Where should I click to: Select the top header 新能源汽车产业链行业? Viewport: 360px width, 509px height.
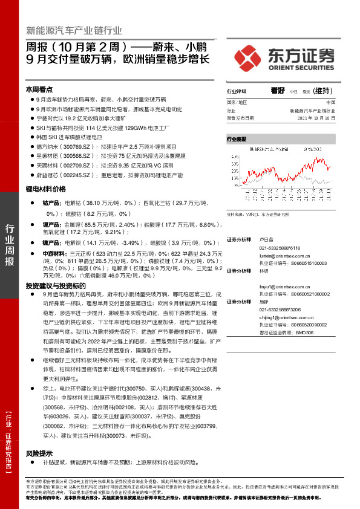[x=74, y=30]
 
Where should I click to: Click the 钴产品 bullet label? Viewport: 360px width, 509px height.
[x=50, y=203]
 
